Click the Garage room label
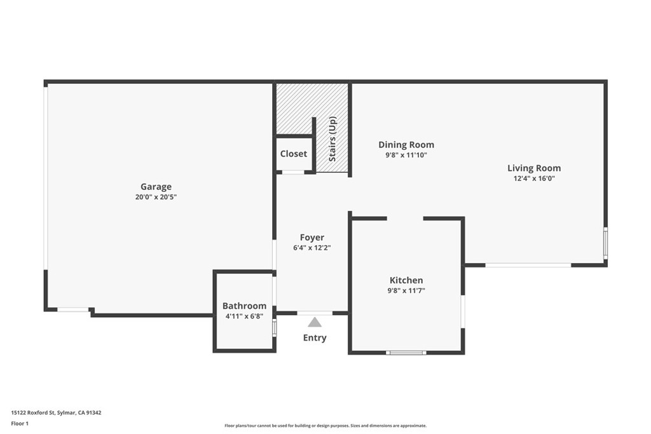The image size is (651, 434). pyautogui.click(x=156, y=187)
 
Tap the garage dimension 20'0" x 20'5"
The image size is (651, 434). pyautogui.click(x=156, y=197)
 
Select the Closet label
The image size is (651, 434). pyautogui.click(x=294, y=154)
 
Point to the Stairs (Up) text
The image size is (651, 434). pyautogui.click(x=332, y=139)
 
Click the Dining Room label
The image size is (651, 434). pyautogui.click(x=406, y=145)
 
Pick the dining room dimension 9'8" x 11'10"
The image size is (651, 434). pyautogui.click(x=406, y=155)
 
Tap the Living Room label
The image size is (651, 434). pyautogui.click(x=534, y=168)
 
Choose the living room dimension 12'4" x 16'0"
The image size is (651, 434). pyautogui.click(x=534, y=179)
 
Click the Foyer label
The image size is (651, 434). pyautogui.click(x=312, y=238)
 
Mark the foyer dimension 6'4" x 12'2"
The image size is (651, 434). pyautogui.click(x=312, y=248)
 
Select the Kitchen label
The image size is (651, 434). pyautogui.click(x=406, y=280)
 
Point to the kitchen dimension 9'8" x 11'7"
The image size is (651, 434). pyautogui.click(x=406, y=291)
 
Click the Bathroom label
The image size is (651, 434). pyautogui.click(x=244, y=306)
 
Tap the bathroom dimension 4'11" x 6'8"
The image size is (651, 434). pyautogui.click(x=244, y=316)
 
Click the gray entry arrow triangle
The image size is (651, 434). pyautogui.click(x=315, y=322)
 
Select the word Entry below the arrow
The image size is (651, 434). pyautogui.click(x=315, y=338)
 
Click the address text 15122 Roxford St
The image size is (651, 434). pyautogui.click(x=33, y=413)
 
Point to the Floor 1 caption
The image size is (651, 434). pyautogui.click(x=20, y=424)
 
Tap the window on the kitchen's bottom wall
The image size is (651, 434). pyautogui.click(x=406, y=353)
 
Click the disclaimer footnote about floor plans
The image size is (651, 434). pyautogui.click(x=325, y=426)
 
